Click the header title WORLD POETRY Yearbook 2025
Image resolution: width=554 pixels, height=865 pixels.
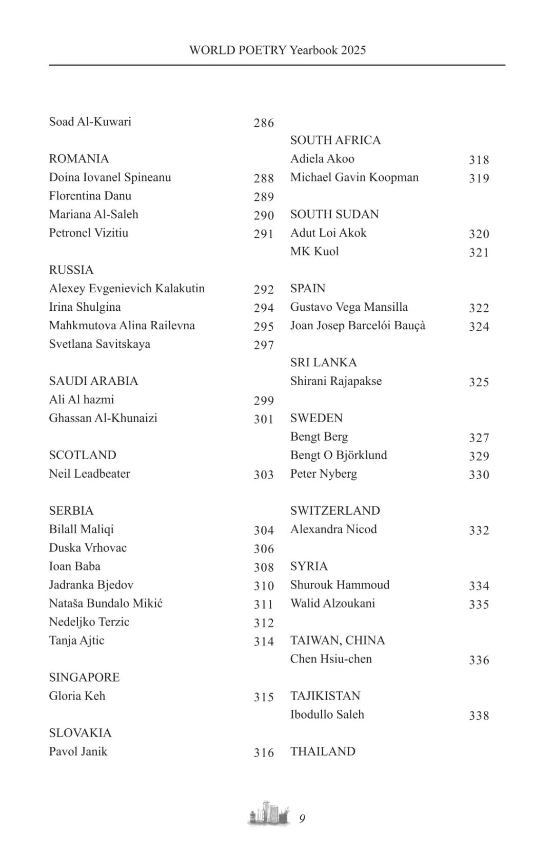(278, 50)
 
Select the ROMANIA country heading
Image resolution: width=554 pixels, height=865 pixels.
(79, 159)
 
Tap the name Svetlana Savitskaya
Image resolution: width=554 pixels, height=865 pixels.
(100, 344)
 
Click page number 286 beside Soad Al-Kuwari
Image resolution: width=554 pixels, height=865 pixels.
(264, 123)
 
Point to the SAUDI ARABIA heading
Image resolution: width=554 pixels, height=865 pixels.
(93, 381)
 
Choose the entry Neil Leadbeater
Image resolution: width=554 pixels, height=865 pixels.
(89, 474)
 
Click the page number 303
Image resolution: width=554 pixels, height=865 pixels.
(264, 475)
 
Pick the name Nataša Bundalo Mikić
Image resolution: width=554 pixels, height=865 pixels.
(106, 603)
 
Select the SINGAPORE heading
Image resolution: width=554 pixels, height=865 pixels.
(84, 678)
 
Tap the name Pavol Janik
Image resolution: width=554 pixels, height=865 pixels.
(78, 751)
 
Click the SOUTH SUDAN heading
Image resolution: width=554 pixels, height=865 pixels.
(334, 214)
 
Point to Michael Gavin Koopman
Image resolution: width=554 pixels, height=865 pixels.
(354, 177)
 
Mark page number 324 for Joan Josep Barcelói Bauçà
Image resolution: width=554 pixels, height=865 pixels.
(479, 327)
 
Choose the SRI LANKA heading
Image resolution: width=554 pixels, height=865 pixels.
(323, 363)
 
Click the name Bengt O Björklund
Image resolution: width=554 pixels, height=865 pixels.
(339, 455)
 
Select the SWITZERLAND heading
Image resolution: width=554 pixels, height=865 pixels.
(335, 511)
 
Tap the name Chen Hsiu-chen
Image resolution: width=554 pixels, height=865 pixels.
(331, 659)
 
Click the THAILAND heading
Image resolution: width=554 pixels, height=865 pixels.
(323, 751)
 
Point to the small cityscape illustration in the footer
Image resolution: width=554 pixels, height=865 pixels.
(268, 814)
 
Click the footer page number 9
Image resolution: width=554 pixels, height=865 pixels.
(302, 819)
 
